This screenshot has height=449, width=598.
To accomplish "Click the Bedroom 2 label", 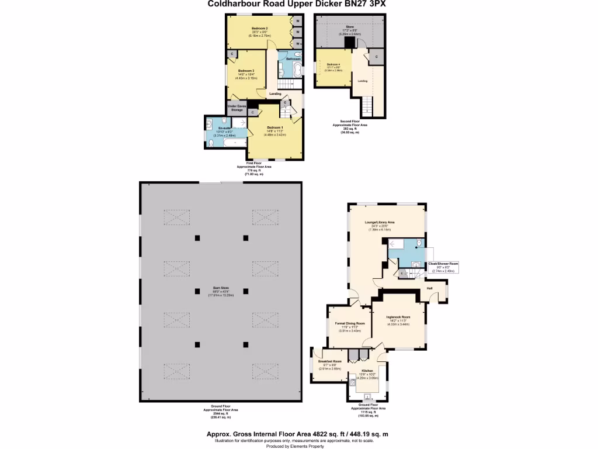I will pos(259,28).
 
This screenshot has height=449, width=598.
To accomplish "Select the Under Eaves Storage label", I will pos(237,108).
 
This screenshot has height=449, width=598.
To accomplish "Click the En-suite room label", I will pos(224,127).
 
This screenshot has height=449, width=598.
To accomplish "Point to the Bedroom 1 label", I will pos(275,127).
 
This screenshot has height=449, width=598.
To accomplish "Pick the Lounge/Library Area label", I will pos(383,222).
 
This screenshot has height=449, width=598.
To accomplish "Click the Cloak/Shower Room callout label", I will pos(443,264).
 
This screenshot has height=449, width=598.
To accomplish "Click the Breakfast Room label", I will pos(329,361).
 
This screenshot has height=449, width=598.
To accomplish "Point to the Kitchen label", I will pos(367,371).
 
